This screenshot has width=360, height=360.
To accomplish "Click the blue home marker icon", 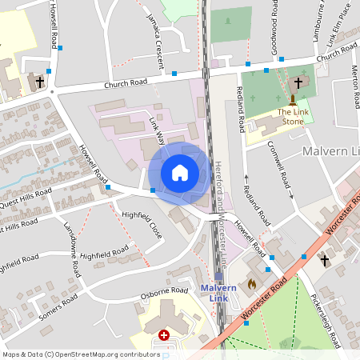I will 179,173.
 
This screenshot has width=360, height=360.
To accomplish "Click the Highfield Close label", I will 142,226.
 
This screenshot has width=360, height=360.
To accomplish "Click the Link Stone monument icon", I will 293,100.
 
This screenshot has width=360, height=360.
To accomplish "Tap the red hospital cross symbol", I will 165,336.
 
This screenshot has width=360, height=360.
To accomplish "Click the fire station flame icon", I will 252,283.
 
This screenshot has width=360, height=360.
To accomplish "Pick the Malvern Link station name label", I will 218,293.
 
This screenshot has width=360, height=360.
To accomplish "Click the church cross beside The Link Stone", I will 298,82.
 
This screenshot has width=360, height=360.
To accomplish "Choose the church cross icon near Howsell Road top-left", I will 39,82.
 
